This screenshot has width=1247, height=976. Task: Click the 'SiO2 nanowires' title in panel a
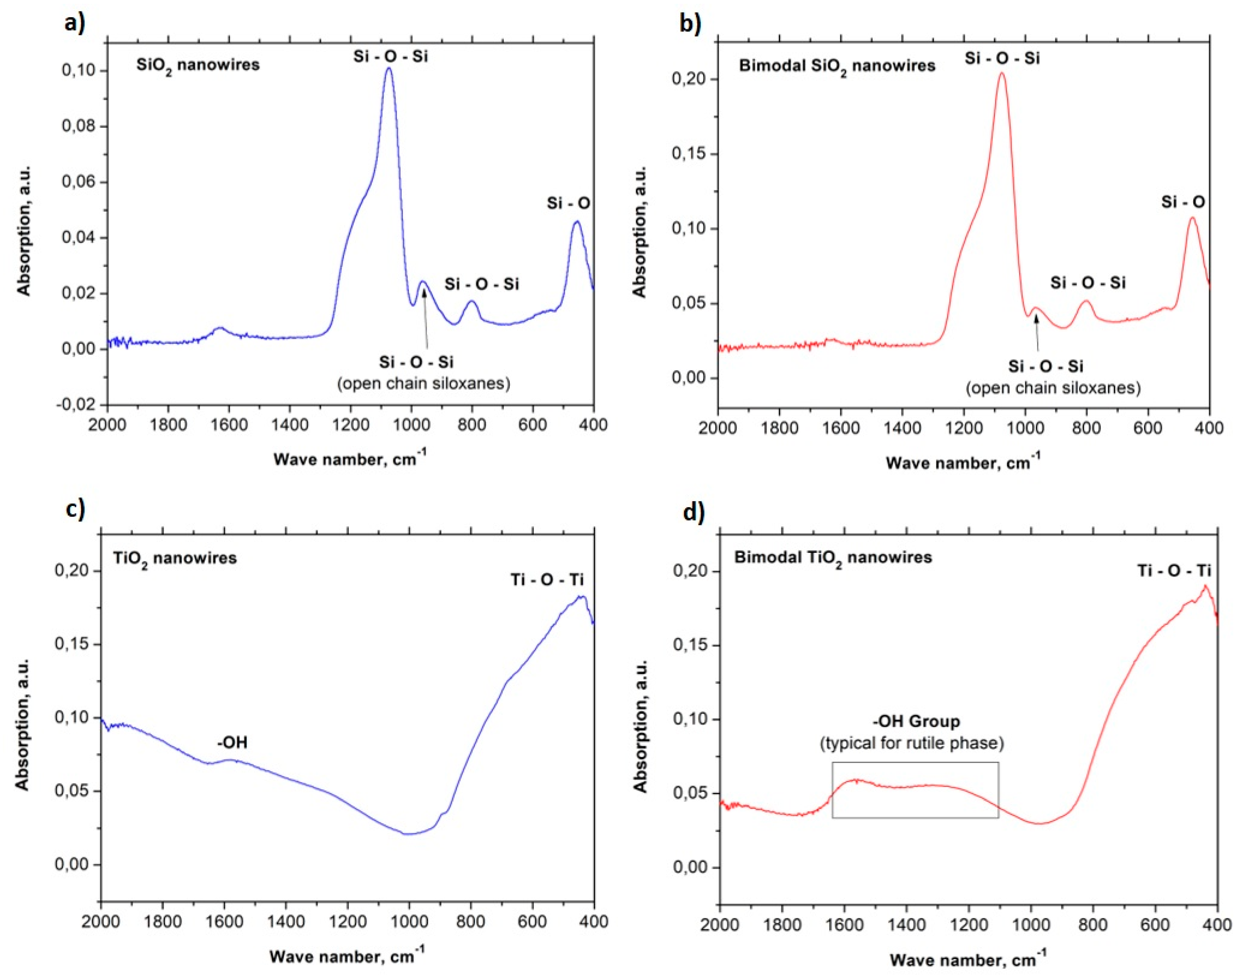pos(198,65)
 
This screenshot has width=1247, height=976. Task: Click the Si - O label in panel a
pos(568,203)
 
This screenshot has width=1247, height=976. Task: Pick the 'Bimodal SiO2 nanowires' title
pos(837,66)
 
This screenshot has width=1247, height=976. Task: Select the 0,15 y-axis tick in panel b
pos(688,154)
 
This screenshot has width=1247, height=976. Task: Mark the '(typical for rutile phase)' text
pos(912,743)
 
